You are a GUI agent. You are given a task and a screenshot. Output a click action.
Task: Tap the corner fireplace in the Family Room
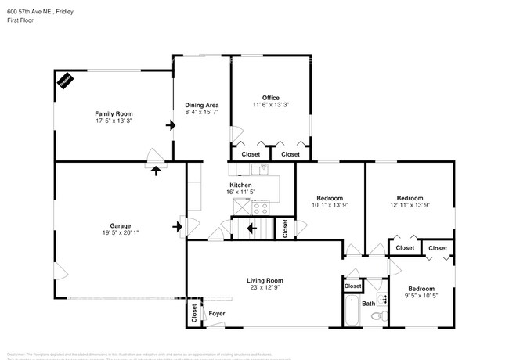tap(65, 79)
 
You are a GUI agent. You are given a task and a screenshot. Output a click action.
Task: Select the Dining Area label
tap(201, 105)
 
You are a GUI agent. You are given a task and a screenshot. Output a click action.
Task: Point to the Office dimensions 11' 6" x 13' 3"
tap(270, 105)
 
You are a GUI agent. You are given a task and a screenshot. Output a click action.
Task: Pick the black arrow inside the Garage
tap(177, 227)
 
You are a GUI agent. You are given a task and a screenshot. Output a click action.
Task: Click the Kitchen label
tap(240, 185)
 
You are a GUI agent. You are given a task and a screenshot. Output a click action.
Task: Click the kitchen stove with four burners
tap(261, 208)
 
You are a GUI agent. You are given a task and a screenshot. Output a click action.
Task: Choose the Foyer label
tap(217, 315)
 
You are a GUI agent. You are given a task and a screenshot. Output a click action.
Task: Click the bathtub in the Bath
tap(352, 311)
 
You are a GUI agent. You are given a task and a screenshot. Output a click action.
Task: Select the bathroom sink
tap(382, 299)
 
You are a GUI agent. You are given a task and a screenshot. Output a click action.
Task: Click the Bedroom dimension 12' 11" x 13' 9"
tap(410, 205)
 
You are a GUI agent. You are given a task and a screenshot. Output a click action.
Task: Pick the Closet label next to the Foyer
tap(193, 314)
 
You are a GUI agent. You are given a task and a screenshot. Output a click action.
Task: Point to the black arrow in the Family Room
tap(169, 124)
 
